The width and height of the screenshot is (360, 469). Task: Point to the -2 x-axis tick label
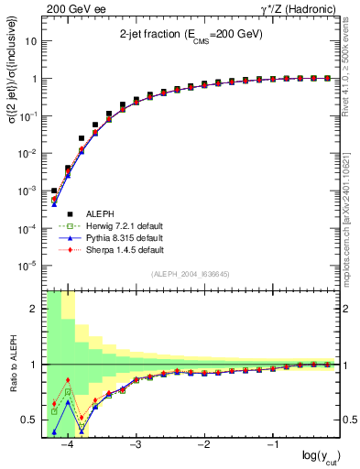202,445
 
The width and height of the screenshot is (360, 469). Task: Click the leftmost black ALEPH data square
54,191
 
